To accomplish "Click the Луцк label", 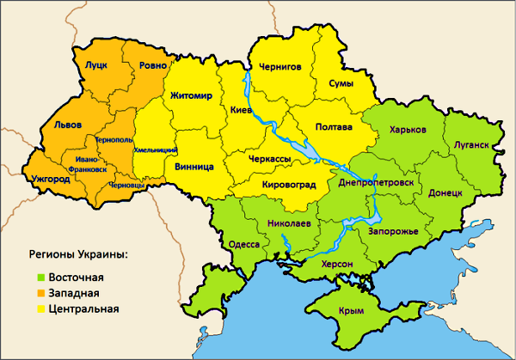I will (95, 64).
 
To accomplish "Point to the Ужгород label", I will (52, 180).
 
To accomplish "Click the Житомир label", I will (196, 95).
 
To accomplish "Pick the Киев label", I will (242, 111).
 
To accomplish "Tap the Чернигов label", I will (280, 66).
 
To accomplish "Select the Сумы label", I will (344, 83).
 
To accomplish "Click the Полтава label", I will (334, 128).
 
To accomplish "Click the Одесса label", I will (244, 244).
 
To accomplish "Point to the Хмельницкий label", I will (155, 150).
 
